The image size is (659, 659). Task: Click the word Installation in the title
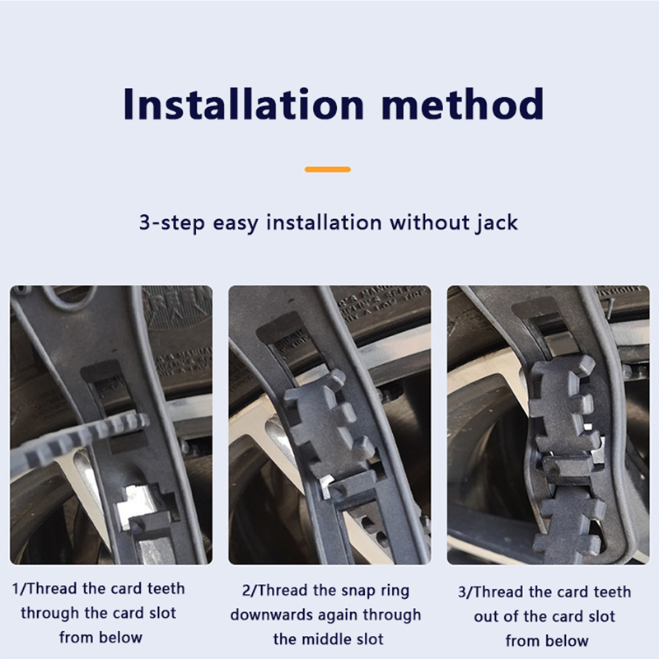tap(243, 105)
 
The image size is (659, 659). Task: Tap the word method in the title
tap(463, 105)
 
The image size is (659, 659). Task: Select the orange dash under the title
tap(327, 170)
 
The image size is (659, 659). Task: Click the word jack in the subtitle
tap(498, 222)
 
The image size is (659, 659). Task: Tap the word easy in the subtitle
tap(236, 223)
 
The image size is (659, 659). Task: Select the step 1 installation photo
tap(111, 425)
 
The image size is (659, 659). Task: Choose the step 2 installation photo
tap(329, 425)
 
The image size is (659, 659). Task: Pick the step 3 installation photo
tap(548, 425)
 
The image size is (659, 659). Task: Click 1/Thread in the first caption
tap(45, 588)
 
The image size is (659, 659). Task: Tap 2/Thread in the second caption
tap(275, 591)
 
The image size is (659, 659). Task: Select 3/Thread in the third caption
tap(492, 592)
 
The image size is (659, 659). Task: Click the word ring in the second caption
tap(395, 591)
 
